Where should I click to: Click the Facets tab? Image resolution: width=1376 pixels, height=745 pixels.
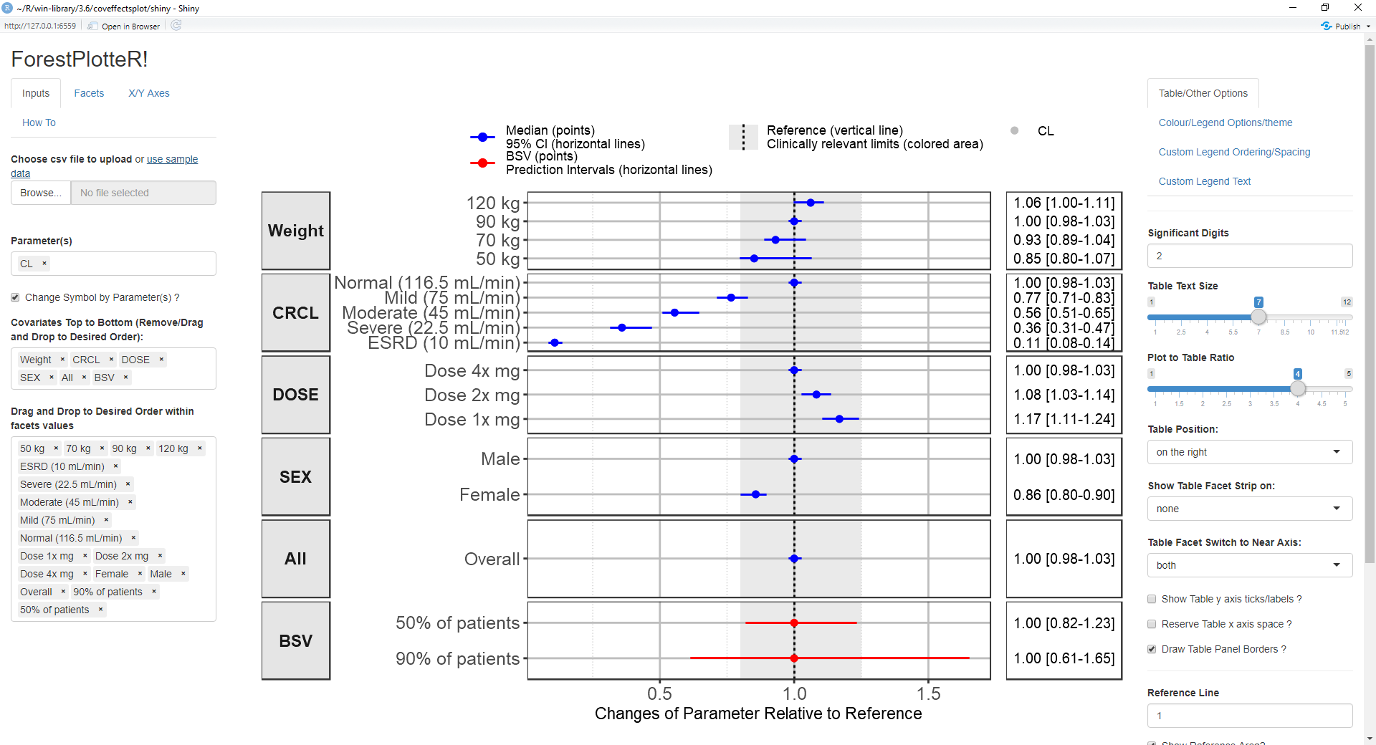pos(89,93)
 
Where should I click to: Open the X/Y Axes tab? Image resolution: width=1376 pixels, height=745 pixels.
pos(149,93)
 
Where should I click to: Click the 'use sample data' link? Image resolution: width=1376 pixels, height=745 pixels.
pos(172,159)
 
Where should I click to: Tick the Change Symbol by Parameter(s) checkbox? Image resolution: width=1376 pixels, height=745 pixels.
pos(15,297)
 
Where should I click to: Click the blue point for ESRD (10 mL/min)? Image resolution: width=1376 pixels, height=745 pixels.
pos(554,343)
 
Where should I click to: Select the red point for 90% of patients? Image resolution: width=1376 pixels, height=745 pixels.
pos(794,658)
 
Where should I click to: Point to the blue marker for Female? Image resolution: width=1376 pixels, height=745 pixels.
pos(755,494)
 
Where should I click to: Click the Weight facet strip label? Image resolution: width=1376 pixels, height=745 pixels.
pos(295,231)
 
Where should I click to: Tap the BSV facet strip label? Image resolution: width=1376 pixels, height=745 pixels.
pos(295,640)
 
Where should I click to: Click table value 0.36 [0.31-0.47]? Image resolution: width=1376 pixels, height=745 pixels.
pos(1064,328)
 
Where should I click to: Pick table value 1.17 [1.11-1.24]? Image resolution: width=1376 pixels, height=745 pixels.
pos(1064,419)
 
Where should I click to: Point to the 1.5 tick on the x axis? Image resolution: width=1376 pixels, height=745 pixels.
pos(928,693)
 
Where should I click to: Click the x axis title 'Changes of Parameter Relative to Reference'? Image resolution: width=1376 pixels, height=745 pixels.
pos(758,713)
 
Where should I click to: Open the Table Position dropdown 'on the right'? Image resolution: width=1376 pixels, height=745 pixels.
pos(1249,452)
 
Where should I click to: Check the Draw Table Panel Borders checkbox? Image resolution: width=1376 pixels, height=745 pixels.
pos(1152,649)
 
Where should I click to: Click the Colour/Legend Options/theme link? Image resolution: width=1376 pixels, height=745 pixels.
pos(1225,122)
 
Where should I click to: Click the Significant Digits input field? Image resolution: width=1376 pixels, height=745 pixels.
pos(1249,256)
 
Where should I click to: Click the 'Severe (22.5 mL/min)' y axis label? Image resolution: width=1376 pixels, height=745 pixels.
pos(433,328)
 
